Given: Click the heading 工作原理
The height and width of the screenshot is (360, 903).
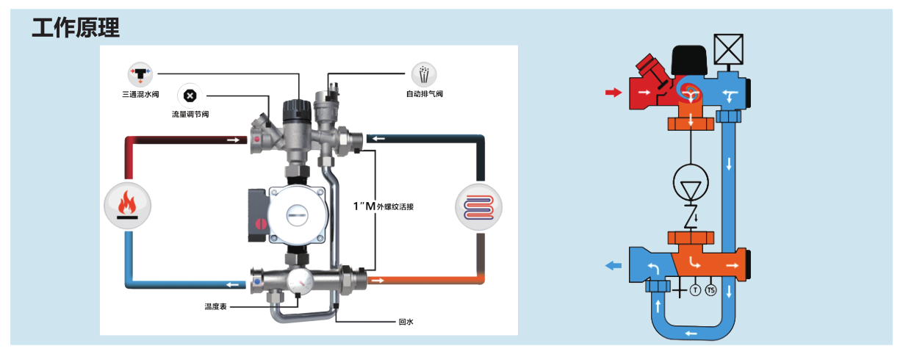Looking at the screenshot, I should click(76, 28).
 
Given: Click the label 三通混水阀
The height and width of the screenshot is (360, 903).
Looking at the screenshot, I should click(140, 95).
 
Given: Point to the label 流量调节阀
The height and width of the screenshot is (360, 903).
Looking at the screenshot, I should click(190, 115).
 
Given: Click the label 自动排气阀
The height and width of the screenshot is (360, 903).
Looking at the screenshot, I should click(425, 94).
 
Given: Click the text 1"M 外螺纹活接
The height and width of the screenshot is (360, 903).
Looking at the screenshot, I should click(384, 206).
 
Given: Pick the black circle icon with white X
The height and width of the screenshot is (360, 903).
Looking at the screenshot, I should click(190, 96).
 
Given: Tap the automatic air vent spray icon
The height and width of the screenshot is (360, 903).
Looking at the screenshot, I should click(425, 73).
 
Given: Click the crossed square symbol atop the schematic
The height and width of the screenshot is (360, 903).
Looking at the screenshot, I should click(729, 49).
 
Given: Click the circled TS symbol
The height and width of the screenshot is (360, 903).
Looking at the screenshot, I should click(710, 290).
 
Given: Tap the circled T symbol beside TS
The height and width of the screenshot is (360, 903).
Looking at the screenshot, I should click(695, 290).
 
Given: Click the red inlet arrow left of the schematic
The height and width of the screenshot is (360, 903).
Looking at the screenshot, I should click(611, 92).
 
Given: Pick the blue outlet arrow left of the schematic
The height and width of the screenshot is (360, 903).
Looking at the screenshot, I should click(613, 266).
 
